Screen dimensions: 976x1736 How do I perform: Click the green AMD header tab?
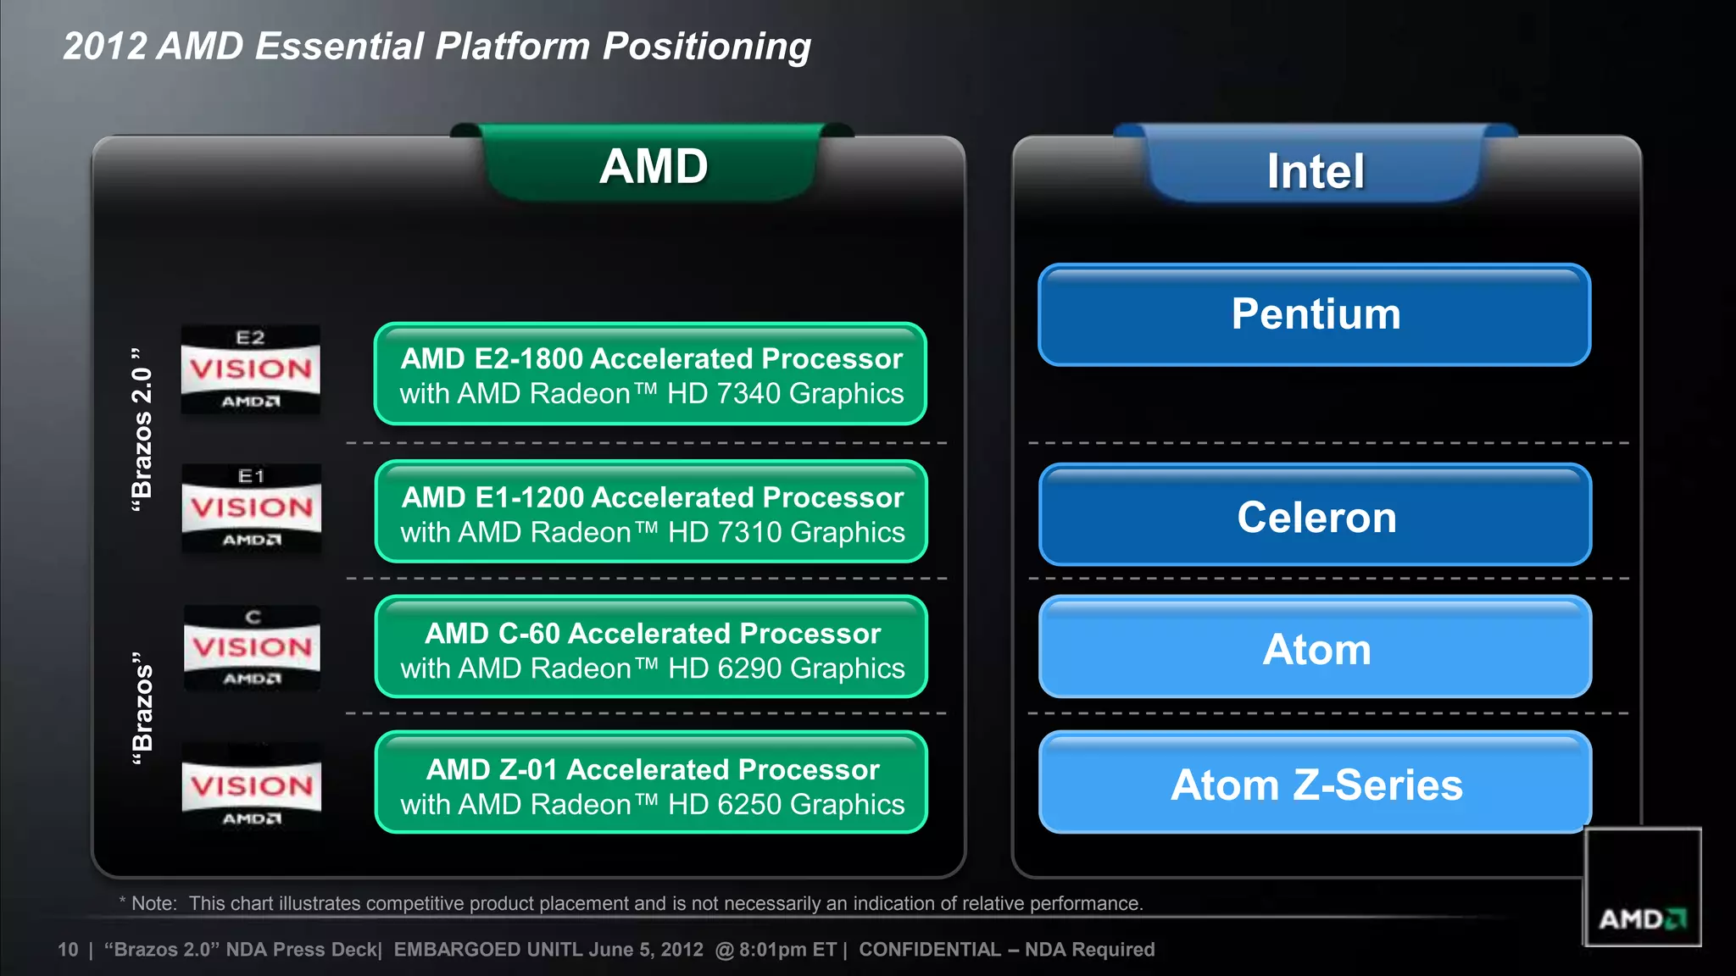[652, 165]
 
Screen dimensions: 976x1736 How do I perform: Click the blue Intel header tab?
[1315, 170]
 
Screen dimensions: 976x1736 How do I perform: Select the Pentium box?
[1315, 314]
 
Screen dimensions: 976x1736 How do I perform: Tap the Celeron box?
[1315, 515]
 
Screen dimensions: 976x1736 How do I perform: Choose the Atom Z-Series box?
[1315, 784]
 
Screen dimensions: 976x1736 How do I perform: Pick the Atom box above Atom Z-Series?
[1315, 648]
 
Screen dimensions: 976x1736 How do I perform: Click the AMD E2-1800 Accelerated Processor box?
[650, 374]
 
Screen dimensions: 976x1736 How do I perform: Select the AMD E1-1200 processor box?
[651, 512]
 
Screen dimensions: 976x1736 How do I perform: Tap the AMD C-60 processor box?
[651, 648]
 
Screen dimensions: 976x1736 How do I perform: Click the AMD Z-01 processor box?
[651, 784]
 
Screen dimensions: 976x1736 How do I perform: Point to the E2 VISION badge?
[250, 369]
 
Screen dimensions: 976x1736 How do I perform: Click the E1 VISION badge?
[251, 508]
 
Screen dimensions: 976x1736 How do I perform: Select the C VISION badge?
[252, 648]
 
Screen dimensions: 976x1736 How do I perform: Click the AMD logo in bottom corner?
[1642, 918]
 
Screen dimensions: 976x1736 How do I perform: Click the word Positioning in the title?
[706, 47]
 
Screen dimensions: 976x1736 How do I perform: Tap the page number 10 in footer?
[68, 950]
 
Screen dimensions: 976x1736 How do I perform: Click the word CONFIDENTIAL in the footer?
[929, 950]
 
